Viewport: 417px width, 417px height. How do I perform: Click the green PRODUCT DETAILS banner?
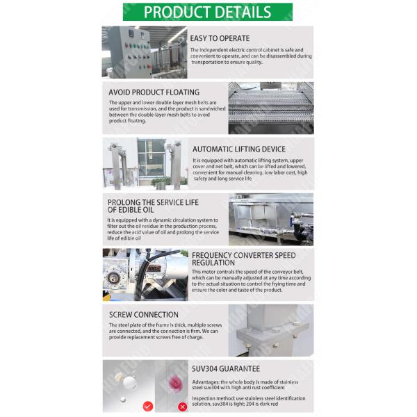coord(207,12)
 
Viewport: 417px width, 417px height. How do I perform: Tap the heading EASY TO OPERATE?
coord(220,38)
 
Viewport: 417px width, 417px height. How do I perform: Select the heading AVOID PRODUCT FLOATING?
coord(154,92)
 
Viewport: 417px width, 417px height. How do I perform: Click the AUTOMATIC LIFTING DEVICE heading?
coord(239,149)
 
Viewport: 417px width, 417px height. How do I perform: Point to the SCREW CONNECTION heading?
coord(144,315)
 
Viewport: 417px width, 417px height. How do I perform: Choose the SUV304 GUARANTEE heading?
coord(226,369)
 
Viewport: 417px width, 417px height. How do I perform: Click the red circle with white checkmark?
coord(148,406)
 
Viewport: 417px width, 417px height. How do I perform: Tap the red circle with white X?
coord(182,407)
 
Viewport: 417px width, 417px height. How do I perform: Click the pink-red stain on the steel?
coord(175,383)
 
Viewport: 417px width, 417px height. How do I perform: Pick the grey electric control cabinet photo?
coord(145,52)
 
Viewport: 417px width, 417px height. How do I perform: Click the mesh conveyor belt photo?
coord(271,108)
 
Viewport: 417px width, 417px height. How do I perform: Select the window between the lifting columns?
coord(151,158)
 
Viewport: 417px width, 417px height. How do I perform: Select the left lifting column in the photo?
coord(116,165)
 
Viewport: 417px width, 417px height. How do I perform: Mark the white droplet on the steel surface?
coord(129,382)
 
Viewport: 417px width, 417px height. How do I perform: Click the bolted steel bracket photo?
coord(271,331)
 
